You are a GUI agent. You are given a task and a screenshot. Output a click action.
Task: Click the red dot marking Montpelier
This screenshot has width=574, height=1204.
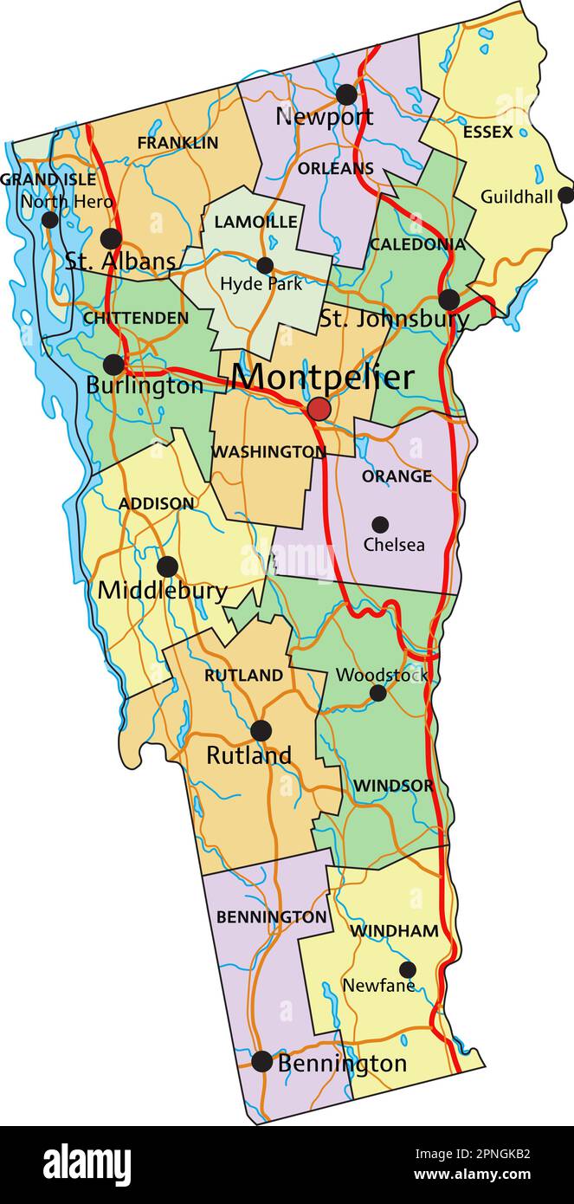tap(319, 409)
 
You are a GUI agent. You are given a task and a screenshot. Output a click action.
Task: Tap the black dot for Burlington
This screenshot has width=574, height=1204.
tap(113, 365)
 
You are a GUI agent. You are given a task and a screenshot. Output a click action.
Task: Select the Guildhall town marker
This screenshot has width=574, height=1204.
tap(565, 195)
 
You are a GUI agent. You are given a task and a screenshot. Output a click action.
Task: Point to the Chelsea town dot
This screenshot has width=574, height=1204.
tap(380, 524)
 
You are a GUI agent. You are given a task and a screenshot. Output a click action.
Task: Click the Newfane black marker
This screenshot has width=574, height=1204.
tap(407, 969)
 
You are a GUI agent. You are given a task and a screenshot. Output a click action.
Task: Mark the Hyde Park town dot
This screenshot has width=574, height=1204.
tap(265, 265)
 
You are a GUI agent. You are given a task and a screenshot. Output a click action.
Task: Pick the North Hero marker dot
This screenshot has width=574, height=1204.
tap(50, 219)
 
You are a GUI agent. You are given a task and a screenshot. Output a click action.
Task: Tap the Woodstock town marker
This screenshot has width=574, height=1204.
tap(377, 693)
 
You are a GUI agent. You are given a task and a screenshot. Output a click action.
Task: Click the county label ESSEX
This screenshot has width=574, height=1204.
tap(487, 133)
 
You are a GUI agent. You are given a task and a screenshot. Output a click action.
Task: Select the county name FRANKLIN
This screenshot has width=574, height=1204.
tap(177, 143)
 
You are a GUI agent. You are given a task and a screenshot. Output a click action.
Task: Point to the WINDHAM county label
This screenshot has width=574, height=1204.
tap(394, 931)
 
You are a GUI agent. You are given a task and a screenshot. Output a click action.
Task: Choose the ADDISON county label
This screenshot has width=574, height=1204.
tap(157, 503)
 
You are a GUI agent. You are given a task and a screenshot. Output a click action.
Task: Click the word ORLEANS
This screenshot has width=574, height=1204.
tap(336, 168)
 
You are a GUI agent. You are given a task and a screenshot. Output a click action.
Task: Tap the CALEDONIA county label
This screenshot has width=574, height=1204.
tap(417, 244)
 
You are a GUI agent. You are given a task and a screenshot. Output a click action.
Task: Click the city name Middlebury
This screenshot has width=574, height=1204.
tap(162, 592)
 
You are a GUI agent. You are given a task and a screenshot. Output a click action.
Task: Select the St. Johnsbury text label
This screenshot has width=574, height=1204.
tap(394, 318)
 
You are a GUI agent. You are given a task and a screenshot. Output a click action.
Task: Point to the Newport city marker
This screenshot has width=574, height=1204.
tap(346, 94)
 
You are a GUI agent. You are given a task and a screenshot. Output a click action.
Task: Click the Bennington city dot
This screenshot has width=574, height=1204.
tap(261, 1061)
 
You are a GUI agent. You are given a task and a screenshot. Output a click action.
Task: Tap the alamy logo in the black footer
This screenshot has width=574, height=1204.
tap(87, 1164)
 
